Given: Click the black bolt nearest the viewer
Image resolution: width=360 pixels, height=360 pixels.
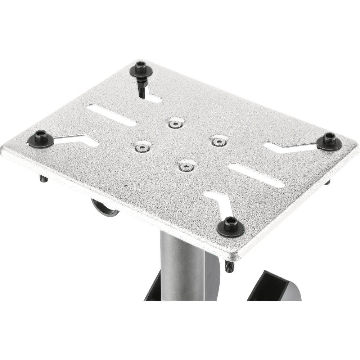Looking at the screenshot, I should (x=229, y=225).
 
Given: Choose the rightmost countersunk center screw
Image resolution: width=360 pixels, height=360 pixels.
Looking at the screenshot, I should (x=217, y=141).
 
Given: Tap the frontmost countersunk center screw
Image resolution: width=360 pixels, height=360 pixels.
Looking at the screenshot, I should (x=186, y=166).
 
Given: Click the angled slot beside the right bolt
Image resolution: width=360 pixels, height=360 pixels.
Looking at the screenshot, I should (x=288, y=147).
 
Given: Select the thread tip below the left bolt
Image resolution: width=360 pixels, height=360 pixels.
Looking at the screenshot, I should (x=42, y=179).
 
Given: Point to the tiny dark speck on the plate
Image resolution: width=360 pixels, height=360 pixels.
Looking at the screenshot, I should (x=125, y=186).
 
